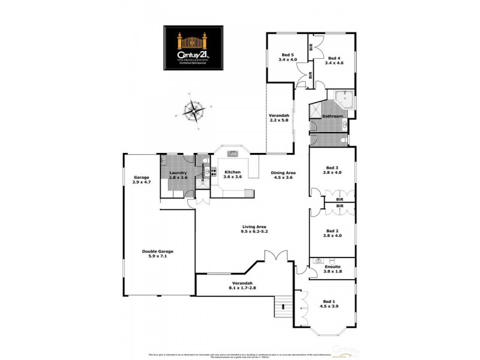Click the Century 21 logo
194,48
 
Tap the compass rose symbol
194,112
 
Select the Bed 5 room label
287,58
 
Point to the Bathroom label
332,116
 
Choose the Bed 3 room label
332,170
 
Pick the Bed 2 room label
332,233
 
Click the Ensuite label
332,268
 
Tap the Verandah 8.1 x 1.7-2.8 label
242,286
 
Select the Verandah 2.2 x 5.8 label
279,118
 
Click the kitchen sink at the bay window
233,154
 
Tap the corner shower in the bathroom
344,97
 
